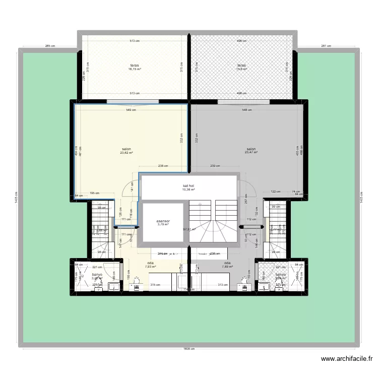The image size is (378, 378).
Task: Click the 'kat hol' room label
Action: [188, 186]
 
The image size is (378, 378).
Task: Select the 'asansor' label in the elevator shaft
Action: [163, 221]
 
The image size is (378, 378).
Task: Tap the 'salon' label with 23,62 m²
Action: [126, 149]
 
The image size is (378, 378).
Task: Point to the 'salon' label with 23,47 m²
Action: [251, 149]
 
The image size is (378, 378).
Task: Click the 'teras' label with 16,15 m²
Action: [134, 66]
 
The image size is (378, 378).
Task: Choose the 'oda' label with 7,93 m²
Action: [150, 263]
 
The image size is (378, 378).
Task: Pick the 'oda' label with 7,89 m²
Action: [228, 263]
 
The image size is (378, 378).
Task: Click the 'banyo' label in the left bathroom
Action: [97, 275]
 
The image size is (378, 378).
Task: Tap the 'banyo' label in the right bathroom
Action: [281, 275]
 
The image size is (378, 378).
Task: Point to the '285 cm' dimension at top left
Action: [49, 46]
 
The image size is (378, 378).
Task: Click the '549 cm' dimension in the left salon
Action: [131, 110]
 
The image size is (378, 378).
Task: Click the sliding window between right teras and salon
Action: [237, 102]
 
